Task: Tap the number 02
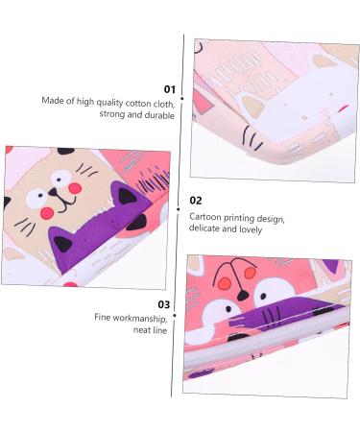point(196,201)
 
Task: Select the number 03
point(164,304)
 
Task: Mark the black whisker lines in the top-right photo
point(252,141)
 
